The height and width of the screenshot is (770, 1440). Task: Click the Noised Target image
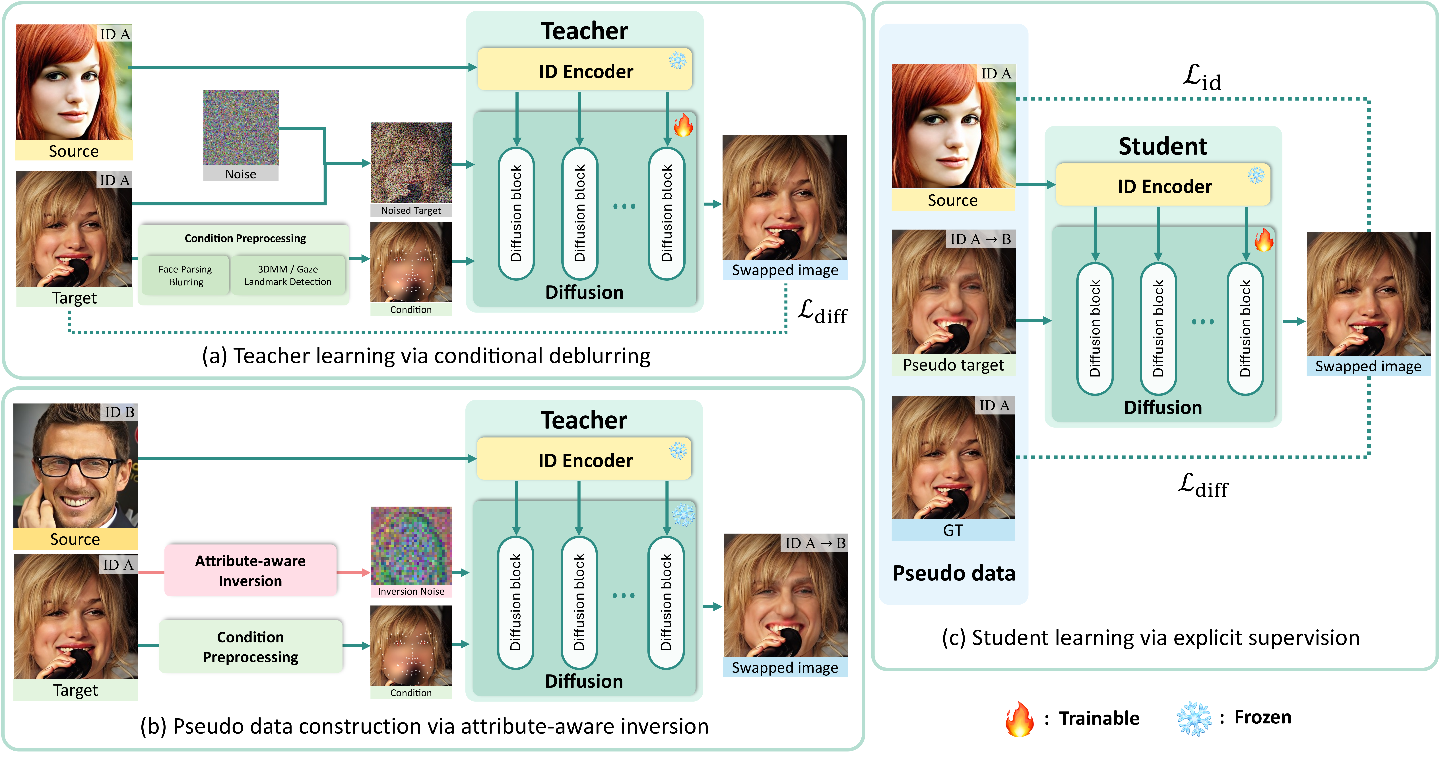tap(411, 163)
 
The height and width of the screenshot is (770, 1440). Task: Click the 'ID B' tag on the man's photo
tap(119, 412)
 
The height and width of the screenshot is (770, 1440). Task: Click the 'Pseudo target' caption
tap(953, 365)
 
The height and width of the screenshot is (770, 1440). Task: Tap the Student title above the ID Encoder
tap(1163, 146)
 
